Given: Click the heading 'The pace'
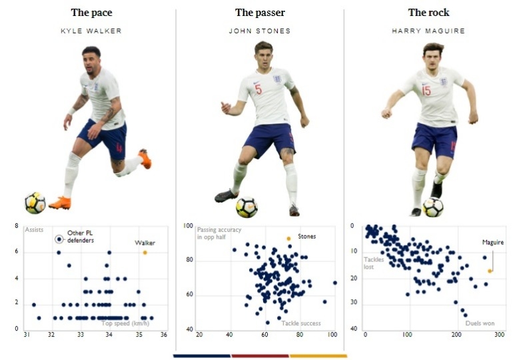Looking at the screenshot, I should point(91,13).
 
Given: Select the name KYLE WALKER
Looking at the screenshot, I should point(91,31).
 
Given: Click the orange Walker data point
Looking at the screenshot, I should point(145,252).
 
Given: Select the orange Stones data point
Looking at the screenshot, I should point(288,239).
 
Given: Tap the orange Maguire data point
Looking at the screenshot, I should point(490,271).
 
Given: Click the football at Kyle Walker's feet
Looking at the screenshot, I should point(35,203).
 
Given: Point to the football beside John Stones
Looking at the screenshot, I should point(247,207).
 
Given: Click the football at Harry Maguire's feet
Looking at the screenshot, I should point(432,207).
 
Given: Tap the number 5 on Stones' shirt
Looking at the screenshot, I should point(258,89).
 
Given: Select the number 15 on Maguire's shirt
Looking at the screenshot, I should point(426,91).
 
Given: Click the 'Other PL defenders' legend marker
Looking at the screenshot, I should point(59,238).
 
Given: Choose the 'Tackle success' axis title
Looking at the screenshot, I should point(300,323).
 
